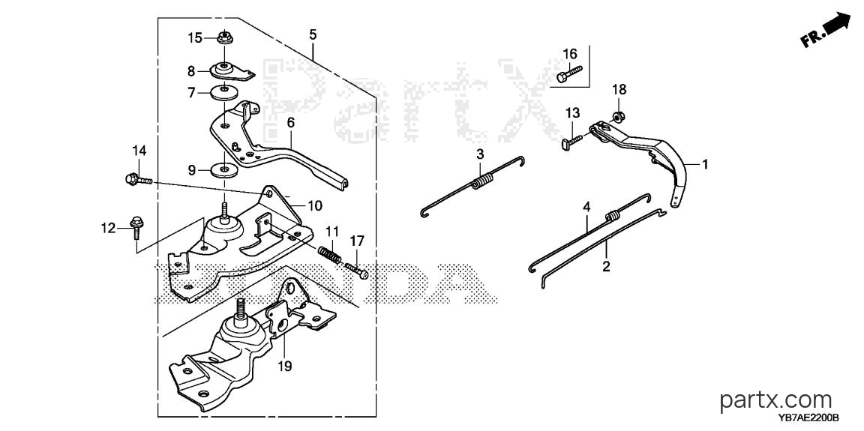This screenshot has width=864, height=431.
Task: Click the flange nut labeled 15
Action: point(224,38)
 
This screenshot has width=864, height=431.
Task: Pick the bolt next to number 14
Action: point(138,179)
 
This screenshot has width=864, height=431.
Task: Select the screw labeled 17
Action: point(356,270)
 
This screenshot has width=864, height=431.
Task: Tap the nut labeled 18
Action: point(618,116)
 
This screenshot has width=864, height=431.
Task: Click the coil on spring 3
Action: point(483,181)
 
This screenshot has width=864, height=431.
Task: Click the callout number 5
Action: point(313,34)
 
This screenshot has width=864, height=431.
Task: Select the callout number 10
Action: point(314,206)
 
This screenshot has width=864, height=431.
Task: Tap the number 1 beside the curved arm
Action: point(704,164)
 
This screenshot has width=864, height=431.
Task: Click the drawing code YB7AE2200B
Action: point(808,420)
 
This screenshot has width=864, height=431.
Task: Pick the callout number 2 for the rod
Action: point(606,267)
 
